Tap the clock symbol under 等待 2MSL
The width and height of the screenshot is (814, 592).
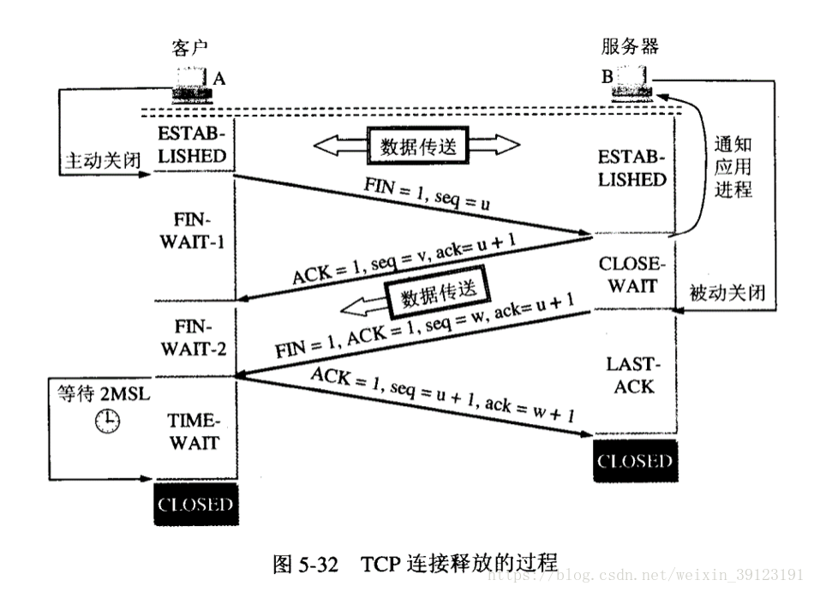(x=108, y=420)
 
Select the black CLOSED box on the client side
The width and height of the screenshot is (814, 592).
(x=195, y=504)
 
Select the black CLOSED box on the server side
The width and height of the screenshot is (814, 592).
(x=635, y=462)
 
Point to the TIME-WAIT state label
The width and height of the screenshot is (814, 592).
(x=195, y=432)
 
